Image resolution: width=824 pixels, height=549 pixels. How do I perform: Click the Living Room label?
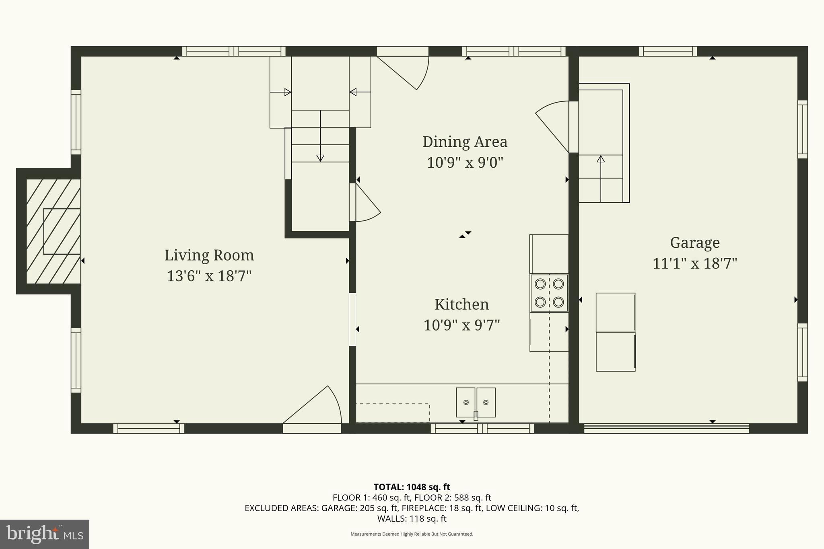pyautogui.click(x=209, y=255)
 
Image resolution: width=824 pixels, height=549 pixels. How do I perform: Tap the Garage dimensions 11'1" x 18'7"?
pyautogui.click(x=694, y=264)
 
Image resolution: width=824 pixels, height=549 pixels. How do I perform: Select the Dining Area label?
pyautogui.click(x=465, y=142)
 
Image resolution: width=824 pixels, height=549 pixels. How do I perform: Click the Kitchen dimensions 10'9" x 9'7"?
pyautogui.click(x=461, y=325)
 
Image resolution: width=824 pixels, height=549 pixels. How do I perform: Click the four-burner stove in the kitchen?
pyautogui.click(x=549, y=293)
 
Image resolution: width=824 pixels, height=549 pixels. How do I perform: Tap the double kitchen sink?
pyautogui.click(x=476, y=402)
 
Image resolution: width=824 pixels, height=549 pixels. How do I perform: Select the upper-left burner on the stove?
pyautogui.click(x=540, y=284)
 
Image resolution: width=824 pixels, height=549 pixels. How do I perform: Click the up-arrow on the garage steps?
pyautogui.click(x=601, y=159)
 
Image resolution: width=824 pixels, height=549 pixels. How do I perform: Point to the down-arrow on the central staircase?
pyautogui.click(x=320, y=158)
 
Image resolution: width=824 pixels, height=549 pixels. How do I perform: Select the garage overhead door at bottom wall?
pyautogui.click(x=666, y=428)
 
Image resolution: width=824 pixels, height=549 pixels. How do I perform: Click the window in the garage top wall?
pyautogui.click(x=668, y=51)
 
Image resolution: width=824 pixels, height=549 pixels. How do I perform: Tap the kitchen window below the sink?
pyautogui.click(x=482, y=428)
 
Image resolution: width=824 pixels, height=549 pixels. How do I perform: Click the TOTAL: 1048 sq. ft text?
pyautogui.click(x=412, y=487)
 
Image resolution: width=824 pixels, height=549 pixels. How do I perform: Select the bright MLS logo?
pyautogui.click(x=45, y=534)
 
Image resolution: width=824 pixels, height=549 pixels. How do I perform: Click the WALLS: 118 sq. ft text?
pyautogui.click(x=412, y=519)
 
